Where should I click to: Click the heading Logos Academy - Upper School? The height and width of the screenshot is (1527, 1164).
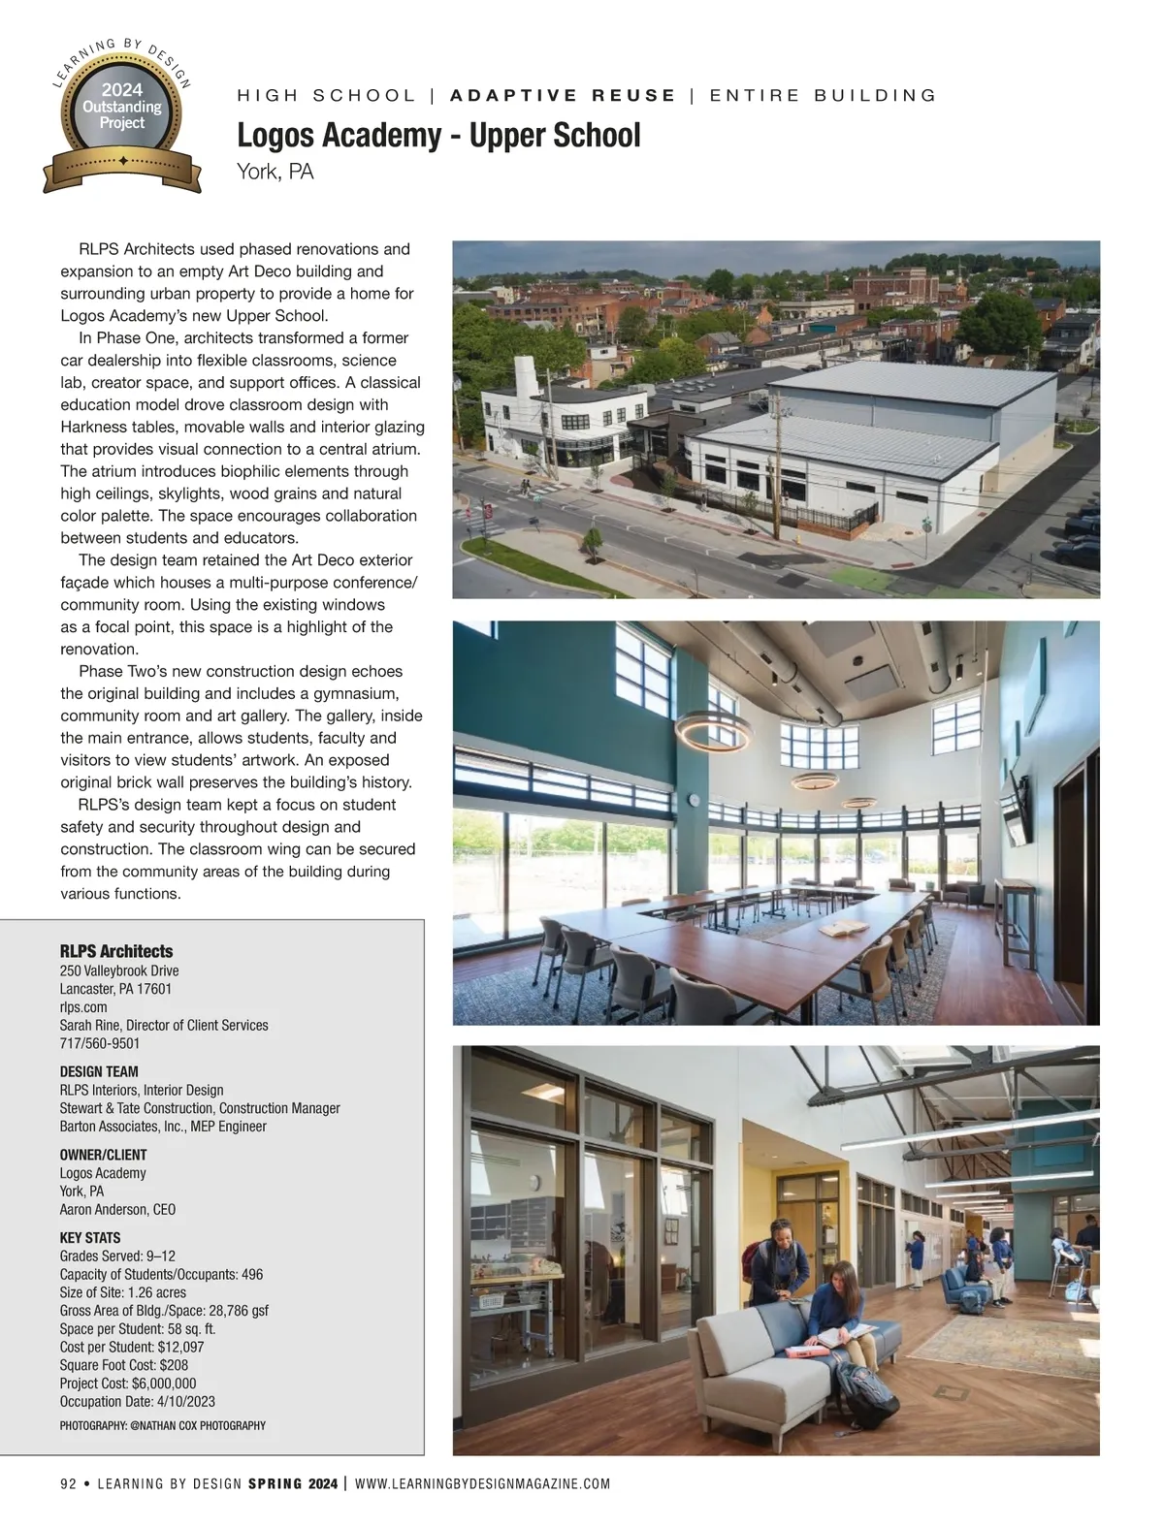click(438, 136)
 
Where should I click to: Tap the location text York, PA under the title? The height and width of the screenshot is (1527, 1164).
click(275, 172)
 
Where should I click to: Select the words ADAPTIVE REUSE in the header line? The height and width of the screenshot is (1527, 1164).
click(564, 95)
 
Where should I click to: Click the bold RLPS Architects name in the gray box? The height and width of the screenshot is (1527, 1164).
click(116, 951)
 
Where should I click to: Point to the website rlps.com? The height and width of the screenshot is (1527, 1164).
click(83, 1006)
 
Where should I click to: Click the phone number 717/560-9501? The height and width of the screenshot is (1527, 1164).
click(100, 1043)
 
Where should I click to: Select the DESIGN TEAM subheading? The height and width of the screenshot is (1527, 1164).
click(99, 1071)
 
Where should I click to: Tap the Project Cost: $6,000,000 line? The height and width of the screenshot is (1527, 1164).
click(128, 1384)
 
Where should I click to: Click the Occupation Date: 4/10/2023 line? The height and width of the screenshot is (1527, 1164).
click(138, 1401)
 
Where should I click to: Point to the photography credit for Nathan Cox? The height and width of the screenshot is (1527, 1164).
click(163, 1425)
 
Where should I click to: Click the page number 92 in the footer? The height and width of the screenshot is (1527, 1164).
click(68, 1483)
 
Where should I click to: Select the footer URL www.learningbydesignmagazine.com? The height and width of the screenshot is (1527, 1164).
click(483, 1483)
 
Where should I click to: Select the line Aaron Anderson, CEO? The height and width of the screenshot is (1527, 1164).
click(117, 1209)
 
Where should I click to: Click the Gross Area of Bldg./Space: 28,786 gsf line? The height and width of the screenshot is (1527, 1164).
click(164, 1310)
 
